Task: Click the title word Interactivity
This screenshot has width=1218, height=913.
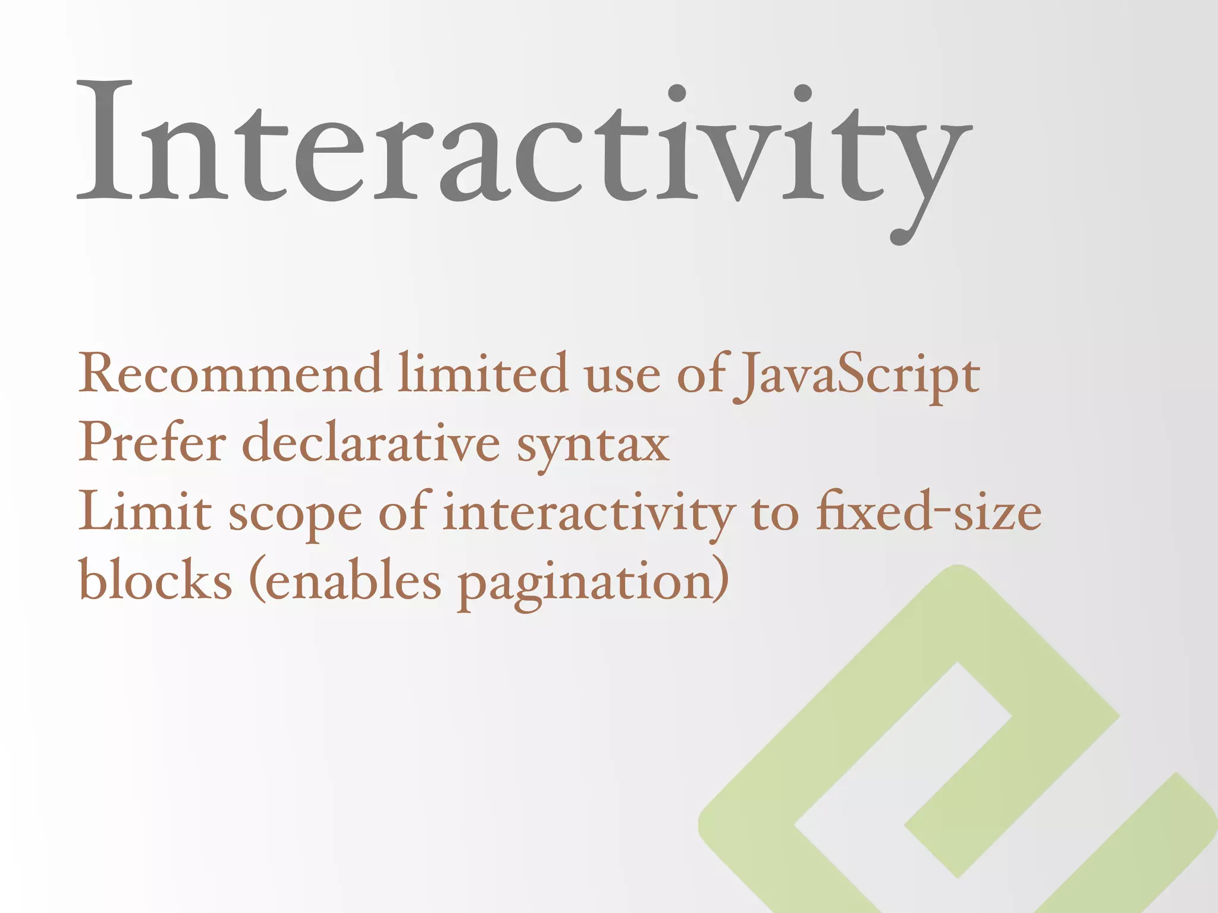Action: click(523, 149)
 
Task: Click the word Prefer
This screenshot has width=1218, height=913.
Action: click(152, 443)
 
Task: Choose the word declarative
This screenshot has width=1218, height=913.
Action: click(371, 443)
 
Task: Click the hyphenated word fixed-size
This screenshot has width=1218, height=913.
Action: click(928, 511)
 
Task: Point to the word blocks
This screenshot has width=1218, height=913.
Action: click(155, 580)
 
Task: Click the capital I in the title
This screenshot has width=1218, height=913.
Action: click(105, 140)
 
